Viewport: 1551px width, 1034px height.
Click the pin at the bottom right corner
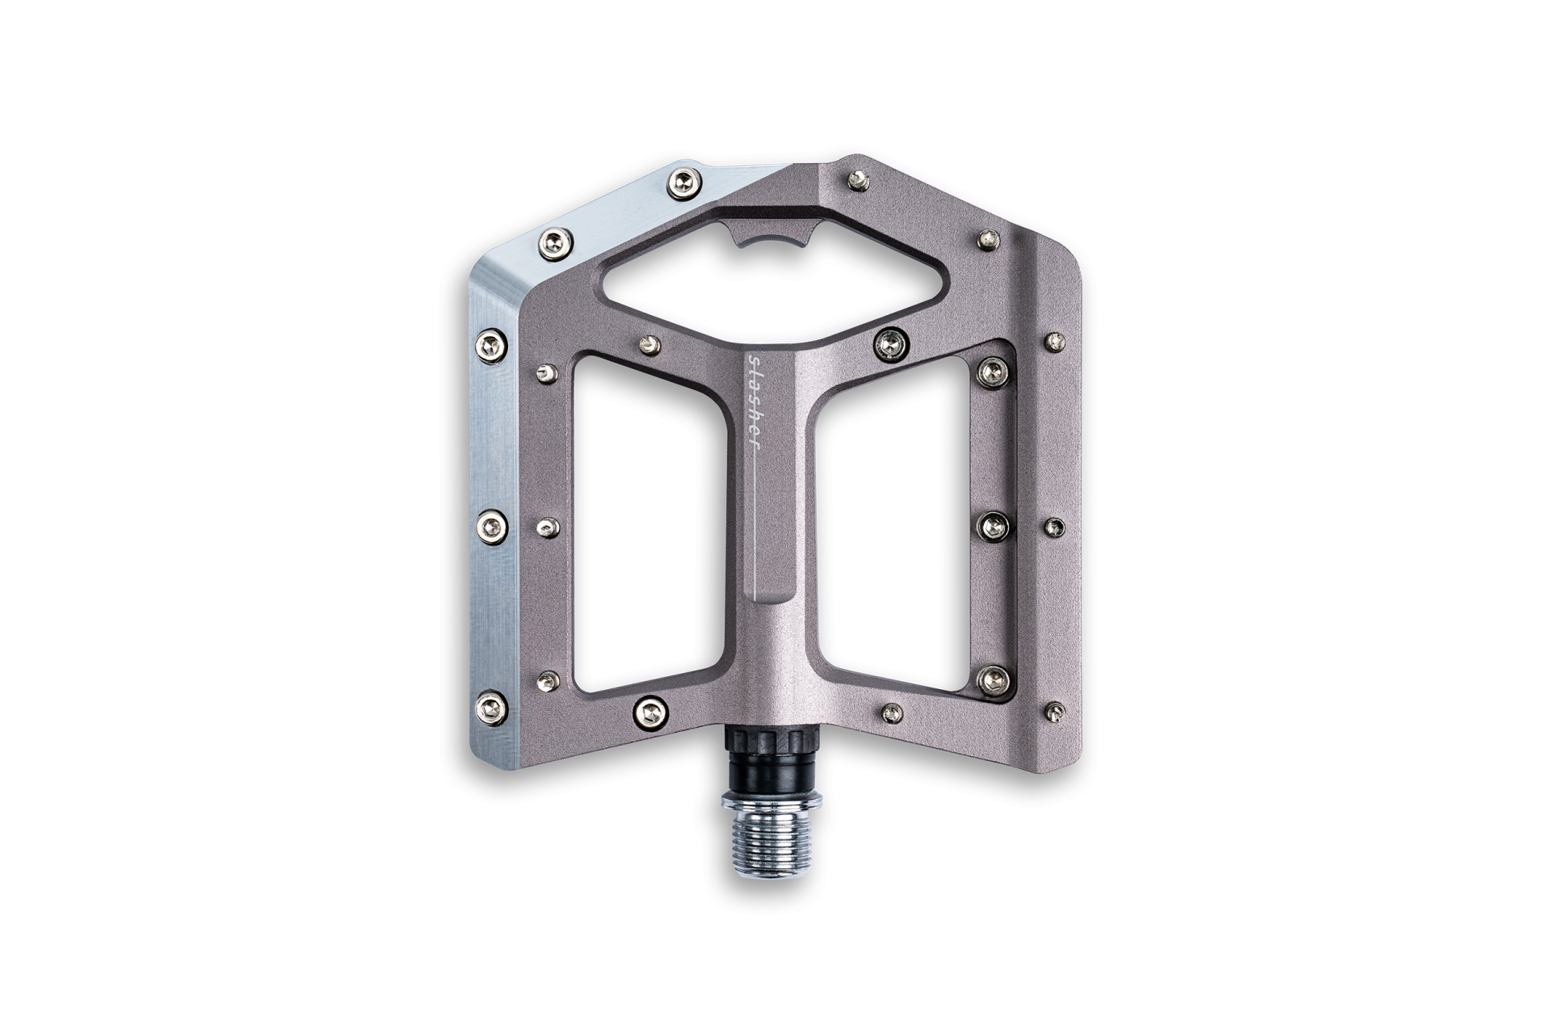pyautogui.click(x=1055, y=711)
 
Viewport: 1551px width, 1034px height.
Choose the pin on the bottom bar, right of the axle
pyautogui.click(x=891, y=712)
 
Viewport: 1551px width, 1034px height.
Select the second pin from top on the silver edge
pyautogui.click(x=554, y=240)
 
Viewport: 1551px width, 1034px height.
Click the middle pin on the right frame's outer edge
pyautogui.click(x=1056, y=528)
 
